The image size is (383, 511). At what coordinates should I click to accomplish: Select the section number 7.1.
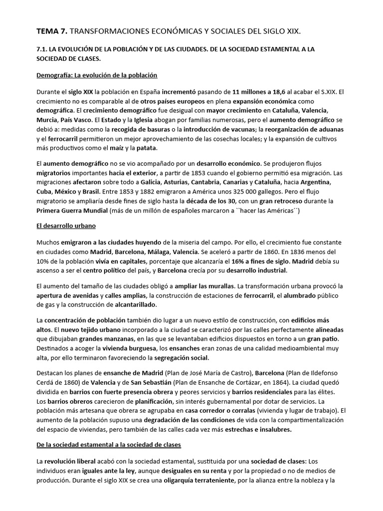coord(44,49)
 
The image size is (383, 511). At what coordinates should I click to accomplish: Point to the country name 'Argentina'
coord(323,183)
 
